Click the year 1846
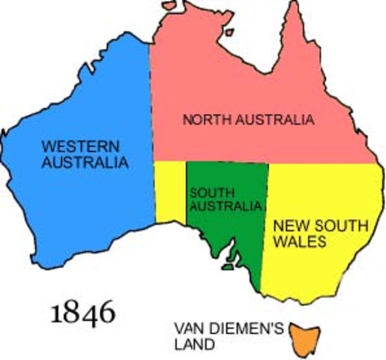[x=82, y=311]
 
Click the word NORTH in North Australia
[x=203, y=119]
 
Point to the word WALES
[x=298, y=241]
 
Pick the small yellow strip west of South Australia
[x=170, y=191]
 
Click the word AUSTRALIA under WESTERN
[x=84, y=161]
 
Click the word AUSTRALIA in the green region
[x=226, y=206]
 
